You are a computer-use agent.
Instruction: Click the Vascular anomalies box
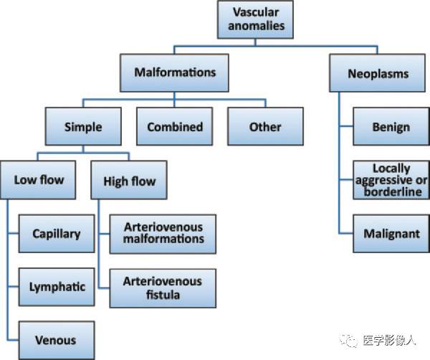(x=255, y=19)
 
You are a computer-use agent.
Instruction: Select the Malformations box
(x=174, y=72)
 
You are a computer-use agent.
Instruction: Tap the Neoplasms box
(x=378, y=73)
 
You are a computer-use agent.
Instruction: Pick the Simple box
(x=83, y=126)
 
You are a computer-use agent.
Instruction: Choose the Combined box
(x=175, y=126)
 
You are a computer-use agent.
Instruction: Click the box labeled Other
(x=265, y=126)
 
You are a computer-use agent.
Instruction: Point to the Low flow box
(x=38, y=180)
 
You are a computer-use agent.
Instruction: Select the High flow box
(x=129, y=180)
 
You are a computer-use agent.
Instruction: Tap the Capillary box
(x=57, y=234)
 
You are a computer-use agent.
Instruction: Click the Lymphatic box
(x=57, y=287)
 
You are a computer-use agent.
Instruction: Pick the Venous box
(x=57, y=340)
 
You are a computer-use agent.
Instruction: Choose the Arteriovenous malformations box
(x=163, y=234)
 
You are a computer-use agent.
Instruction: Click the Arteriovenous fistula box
(x=163, y=288)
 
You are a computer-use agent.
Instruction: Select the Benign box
(x=391, y=126)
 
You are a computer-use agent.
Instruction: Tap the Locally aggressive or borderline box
(x=391, y=180)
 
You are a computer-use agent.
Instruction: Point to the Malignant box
(x=391, y=234)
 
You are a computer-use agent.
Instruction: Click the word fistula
(x=163, y=295)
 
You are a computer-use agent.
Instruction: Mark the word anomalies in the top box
(x=257, y=26)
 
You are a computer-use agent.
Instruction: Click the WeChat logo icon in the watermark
(x=348, y=341)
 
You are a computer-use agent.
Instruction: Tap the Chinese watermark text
(x=389, y=341)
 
